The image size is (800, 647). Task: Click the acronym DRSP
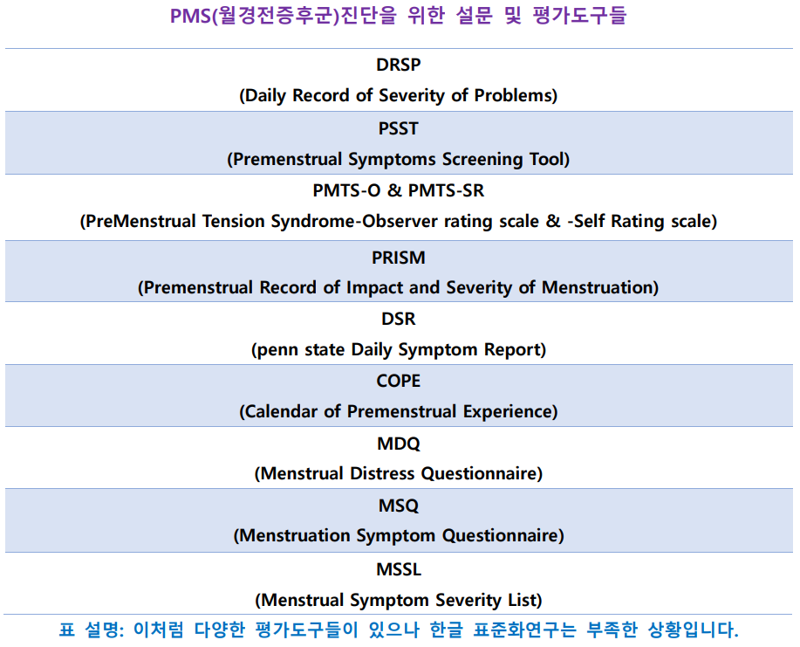tap(399, 65)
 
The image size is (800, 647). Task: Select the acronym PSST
tap(399, 128)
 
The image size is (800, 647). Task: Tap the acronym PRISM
tap(399, 258)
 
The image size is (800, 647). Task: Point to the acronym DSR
tap(399, 320)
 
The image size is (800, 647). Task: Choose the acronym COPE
tap(399, 381)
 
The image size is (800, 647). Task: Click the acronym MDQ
tap(399, 444)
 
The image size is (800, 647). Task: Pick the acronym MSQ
tap(399, 506)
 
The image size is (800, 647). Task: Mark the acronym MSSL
tap(399, 569)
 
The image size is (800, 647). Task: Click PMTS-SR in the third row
tap(446, 190)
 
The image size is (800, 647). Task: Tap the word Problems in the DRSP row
tap(513, 95)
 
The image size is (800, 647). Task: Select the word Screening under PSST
tap(482, 159)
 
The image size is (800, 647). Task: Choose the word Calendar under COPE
tap(281, 411)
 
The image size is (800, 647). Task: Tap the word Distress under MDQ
tap(382, 474)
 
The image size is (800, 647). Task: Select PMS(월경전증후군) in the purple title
tap(255, 16)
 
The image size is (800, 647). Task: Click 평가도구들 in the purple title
tap(579, 16)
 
